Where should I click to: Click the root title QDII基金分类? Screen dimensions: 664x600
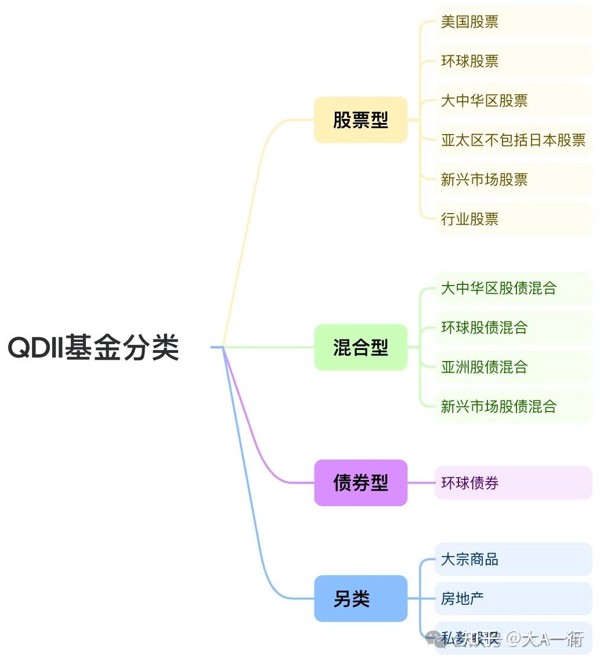coord(93,348)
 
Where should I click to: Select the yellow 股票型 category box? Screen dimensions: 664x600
coord(360,120)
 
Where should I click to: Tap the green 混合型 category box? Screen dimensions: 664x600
coord(360,348)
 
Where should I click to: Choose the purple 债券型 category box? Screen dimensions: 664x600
coord(360,483)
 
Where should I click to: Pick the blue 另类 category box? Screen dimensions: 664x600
coord(360,598)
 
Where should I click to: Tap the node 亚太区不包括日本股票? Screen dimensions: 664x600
coord(513,140)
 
